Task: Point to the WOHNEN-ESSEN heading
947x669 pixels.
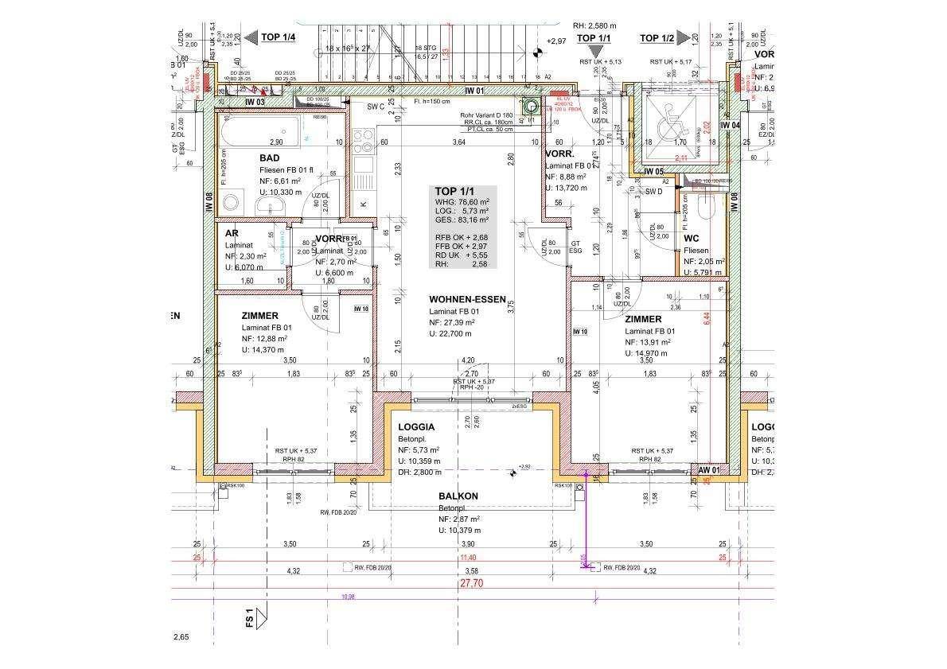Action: click(x=467, y=299)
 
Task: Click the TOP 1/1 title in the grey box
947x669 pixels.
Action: click(x=454, y=191)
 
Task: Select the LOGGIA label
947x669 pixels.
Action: click(x=416, y=427)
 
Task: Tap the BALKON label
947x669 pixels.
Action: click(x=458, y=496)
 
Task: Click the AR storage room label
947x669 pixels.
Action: click(x=232, y=233)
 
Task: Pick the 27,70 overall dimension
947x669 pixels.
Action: click(x=471, y=583)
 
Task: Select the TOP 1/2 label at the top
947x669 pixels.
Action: click(x=657, y=38)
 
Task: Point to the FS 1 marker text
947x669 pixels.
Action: click(x=249, y=618)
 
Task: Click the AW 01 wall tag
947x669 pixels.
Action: click(x=708, y=470)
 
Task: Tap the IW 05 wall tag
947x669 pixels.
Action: click(x=653, y=171)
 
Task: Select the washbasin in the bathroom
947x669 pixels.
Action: click(x=268, y=207)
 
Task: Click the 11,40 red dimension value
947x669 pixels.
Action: click(x=468, y=558)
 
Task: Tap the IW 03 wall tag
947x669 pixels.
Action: click(x=254, y=102)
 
